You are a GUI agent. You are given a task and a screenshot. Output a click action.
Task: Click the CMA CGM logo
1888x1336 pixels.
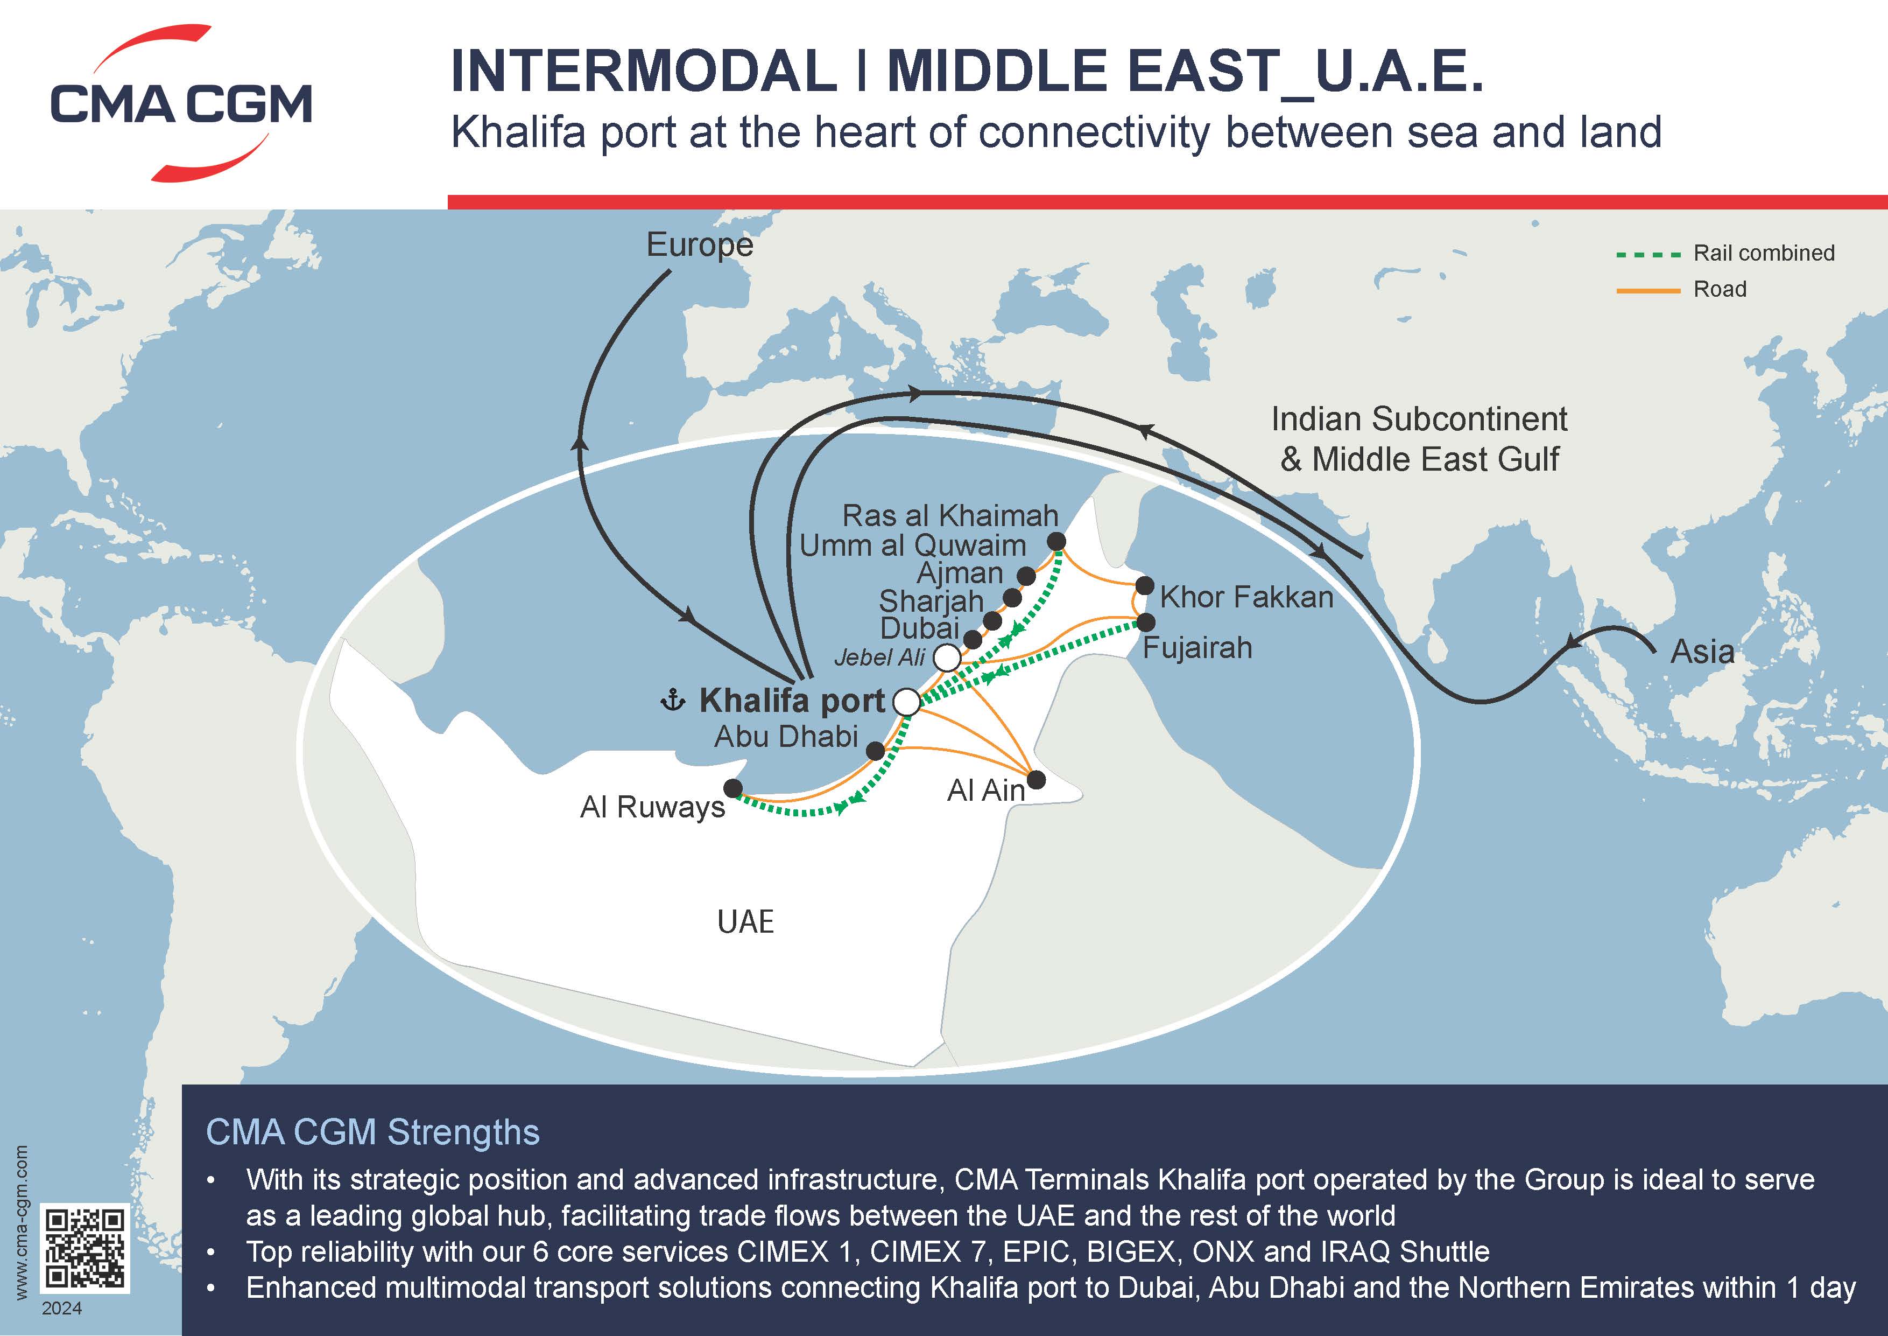click(x=181, y=103)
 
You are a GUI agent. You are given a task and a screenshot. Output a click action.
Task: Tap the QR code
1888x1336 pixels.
click(x=86, y=1249)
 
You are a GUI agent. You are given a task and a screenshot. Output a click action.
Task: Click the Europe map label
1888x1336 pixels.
click(x=699, y=245)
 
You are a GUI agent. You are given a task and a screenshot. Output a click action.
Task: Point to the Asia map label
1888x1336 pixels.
click(x=1702, y=652)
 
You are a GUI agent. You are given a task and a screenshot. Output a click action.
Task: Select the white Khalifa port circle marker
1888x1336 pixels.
click(x=907, y=702)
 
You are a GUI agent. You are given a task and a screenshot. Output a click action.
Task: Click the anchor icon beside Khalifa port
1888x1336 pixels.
click(x=673, y=701)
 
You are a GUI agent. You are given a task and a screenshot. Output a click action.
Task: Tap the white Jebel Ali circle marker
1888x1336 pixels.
click(x=947, y=658)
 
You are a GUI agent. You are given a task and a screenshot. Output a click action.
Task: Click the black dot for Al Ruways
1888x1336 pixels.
click(x=732, y=788)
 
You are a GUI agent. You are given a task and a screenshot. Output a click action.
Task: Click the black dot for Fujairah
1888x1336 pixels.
click(x=1145, y=622)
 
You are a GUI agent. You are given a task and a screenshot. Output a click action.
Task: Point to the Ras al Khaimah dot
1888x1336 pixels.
click(x=1056, y=541)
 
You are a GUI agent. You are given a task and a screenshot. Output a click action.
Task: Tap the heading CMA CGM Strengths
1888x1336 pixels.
click(x=372, y=1132)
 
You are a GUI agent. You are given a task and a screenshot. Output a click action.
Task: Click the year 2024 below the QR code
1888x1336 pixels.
click(x=62, y=1308)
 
